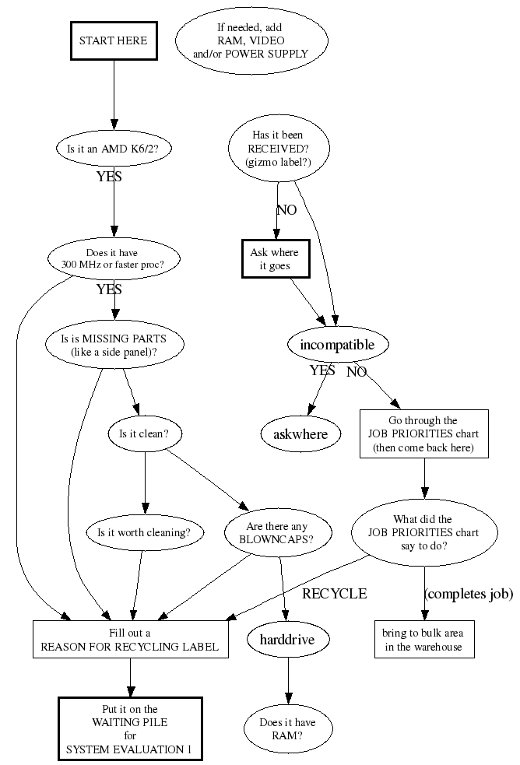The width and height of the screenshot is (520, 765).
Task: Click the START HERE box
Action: pos(114,40)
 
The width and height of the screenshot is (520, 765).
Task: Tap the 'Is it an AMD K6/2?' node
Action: pos(114,148)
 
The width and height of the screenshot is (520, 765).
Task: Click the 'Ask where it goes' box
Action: pos(274,259)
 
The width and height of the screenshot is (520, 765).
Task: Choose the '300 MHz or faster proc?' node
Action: pos(114,259)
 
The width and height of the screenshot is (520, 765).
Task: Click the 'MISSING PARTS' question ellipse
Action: pos(114,345)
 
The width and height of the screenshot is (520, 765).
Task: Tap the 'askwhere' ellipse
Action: pos(300,434)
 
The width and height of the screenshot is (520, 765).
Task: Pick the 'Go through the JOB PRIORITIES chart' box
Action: pos(423,434)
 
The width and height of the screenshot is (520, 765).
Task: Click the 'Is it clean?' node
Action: pos(145,434)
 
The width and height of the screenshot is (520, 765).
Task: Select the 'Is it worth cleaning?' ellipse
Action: pos(145,533)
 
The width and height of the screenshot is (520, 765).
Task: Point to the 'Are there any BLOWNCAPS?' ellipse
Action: pos(277,533)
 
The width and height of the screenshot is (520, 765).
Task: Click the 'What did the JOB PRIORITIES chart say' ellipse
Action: pos(423,533)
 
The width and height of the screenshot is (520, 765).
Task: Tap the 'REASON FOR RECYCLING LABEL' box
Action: pos(130,640)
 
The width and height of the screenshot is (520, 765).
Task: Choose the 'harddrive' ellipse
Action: pos(289,640)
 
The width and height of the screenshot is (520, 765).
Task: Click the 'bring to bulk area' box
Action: pos(423,640)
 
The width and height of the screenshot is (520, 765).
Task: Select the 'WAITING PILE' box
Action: pos(130,728)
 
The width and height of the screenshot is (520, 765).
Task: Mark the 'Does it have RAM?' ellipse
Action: pos(288,728)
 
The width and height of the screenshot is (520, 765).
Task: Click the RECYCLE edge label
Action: pos(334,594)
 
